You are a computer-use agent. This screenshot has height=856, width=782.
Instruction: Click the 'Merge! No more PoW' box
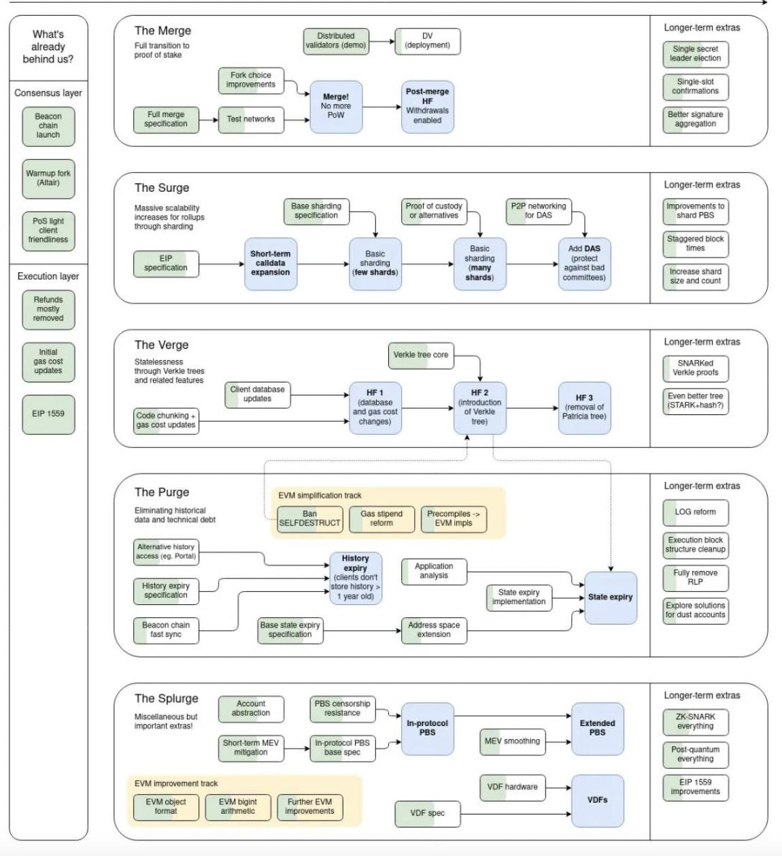pos(336,106)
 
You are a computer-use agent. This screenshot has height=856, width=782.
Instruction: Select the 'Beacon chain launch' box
pos(48,126)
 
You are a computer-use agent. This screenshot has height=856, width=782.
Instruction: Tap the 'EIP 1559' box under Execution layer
pos(48,414)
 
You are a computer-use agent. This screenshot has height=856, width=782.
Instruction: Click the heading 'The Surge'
pos(162,188)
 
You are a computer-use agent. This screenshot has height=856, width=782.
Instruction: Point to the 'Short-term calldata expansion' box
pos(271,263)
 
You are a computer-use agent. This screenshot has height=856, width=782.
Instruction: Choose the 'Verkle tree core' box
pos(421,355)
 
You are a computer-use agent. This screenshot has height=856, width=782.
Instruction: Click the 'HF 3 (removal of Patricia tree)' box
pos(584,407)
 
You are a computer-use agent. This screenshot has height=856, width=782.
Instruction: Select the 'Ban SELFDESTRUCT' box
pos(309,519)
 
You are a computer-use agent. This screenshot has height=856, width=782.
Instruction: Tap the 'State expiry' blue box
pos(611,597)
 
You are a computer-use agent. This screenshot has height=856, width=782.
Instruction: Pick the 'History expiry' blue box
pos(355,578)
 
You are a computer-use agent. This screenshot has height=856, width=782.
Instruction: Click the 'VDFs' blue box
pos(597,800)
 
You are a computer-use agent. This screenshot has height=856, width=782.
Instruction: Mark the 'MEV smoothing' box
pos(512,742)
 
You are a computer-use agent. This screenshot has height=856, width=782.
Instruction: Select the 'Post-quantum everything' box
pos(696,754)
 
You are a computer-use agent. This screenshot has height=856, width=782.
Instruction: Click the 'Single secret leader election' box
pos(696,54)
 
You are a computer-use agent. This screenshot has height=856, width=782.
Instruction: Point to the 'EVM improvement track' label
pos(176,784)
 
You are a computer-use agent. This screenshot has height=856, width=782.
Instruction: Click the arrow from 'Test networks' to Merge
pos(296,120)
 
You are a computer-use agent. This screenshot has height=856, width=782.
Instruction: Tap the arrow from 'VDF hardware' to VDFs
pos(558,788)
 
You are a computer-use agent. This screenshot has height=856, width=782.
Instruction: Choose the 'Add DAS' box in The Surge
pos(584,263)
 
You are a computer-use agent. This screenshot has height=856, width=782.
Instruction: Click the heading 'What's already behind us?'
pos(48,47)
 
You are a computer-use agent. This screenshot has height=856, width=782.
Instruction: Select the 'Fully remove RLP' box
pos(696,578)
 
